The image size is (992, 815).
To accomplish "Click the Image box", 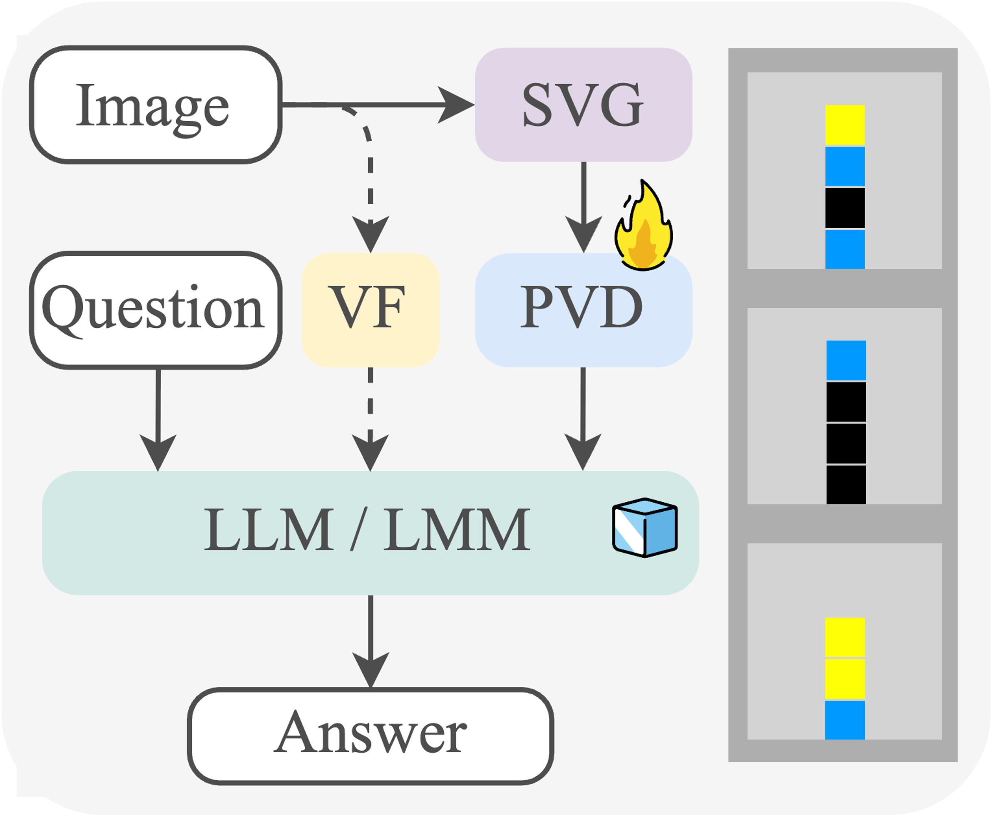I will tap(156, 105).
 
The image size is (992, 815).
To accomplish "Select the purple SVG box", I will tap(583, 105).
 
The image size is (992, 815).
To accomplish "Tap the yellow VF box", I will tap(370, 310).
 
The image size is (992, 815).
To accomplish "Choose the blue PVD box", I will tap(583, 310).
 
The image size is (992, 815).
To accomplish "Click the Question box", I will tap(156, 310).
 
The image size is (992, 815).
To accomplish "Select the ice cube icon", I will tap(645, 528).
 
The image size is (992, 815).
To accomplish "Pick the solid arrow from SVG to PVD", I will tap(583, 207).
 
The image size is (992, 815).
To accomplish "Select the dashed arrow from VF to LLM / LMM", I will tap(370, 418).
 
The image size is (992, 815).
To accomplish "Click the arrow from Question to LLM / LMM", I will tap(158, 418).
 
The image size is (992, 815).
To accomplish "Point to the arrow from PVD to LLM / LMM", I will tap(583, 418).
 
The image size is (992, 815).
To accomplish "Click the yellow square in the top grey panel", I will tap(845, 125).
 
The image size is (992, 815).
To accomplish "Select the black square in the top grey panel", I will tap(845, 208).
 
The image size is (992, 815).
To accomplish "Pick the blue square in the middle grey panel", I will tap(845, 360).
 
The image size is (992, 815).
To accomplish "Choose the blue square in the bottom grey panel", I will tap(845, 720).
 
